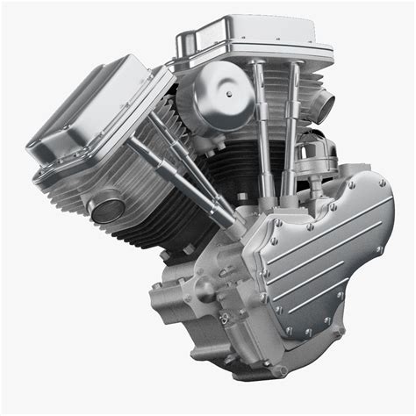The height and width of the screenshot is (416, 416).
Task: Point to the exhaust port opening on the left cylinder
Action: (108, 209)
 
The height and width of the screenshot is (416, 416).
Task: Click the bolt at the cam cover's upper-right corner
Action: (382, 183)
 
